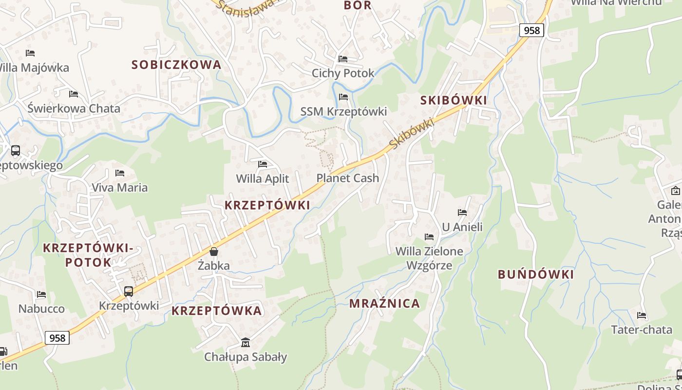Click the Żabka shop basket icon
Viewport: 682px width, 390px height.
point(213,252)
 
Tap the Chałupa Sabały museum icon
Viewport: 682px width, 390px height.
point(246,343)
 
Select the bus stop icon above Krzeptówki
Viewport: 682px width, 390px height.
point(129,292)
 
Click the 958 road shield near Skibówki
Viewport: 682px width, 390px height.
point(531,30)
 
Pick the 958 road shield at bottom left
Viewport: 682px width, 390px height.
point(57,338)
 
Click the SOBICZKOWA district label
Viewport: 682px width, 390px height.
point(176,64)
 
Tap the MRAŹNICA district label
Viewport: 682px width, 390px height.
point(384,303)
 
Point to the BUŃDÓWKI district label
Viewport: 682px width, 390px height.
point(535,274)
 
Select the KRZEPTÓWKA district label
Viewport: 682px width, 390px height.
point(216,311)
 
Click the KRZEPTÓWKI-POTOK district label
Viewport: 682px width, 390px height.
point(88,255)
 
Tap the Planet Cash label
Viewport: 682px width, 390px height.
point(347,178)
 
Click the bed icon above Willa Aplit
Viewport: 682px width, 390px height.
point(263,164)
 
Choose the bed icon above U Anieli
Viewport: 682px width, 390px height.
point(462,213)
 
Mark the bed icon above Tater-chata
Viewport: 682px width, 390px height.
point(642,315)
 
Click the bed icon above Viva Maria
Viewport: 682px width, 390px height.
point(119,173)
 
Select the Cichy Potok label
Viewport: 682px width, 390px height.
point(343,73)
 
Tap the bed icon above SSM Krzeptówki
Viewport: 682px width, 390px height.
point(343,97)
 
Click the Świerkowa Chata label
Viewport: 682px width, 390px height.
point(74,108)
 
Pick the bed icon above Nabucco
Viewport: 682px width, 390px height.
point(41,294)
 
